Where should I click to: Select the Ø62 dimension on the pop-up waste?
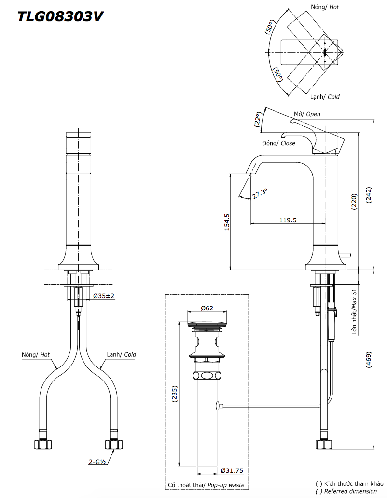[x=207, y=308]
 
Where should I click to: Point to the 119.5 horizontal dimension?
[x=288, y=220]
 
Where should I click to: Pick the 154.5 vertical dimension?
[x=227, y=222]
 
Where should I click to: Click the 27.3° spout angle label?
[x=259, y=193]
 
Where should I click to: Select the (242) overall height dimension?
[x=369, y=197]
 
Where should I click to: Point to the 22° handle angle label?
[x=259, y=119]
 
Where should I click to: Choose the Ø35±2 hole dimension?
[x=103, y=296]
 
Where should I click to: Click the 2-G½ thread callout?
[x=97, y=462]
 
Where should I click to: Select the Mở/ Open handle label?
[x=307, y=114]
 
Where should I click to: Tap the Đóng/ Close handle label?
[x=278, y=143]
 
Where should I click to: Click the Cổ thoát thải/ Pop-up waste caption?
[x=206, y=485]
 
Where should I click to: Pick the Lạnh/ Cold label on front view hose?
[x=121, y=354]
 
